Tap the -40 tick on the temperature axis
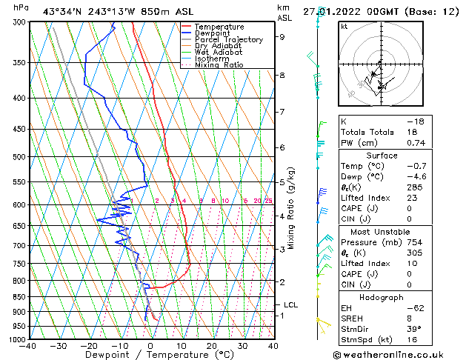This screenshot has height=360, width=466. (29, 347)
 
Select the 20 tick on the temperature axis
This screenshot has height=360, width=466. (212, 347)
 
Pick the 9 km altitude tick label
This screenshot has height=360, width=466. (282, 36)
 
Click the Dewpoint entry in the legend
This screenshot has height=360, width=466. (211, 33)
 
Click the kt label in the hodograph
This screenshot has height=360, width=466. (344, 26)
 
